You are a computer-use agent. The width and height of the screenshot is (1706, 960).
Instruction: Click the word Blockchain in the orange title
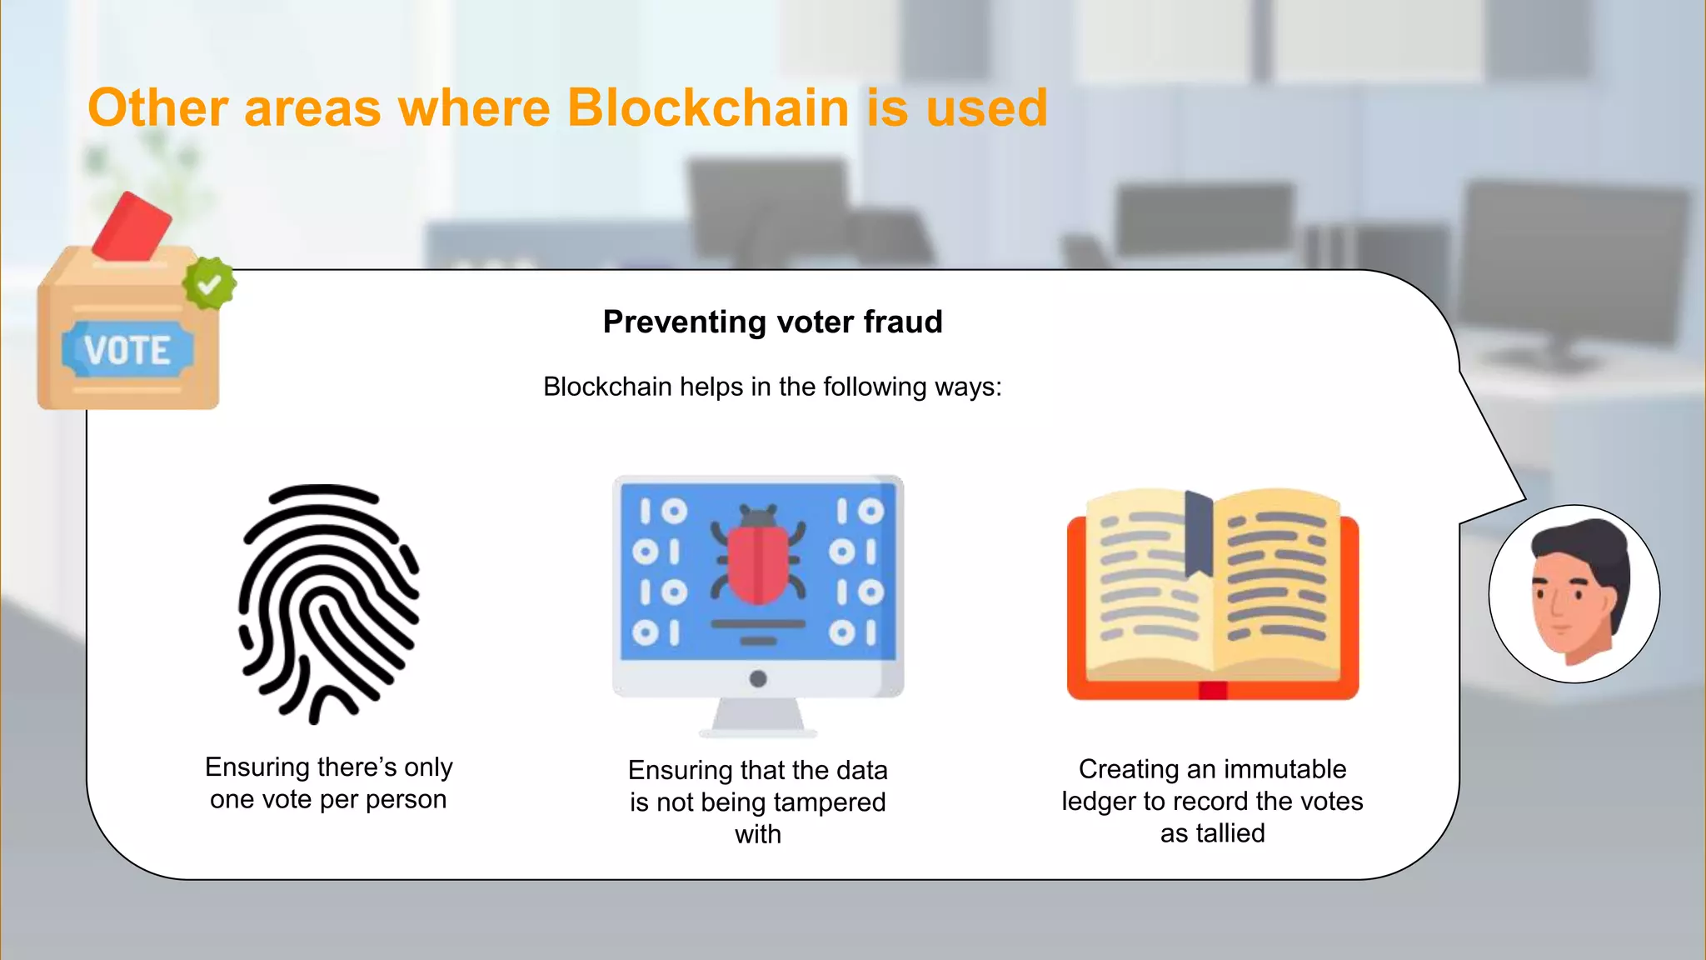pyautogui.click(x=708, y=108)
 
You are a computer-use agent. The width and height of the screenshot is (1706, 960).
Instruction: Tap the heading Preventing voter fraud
pyautogui.click(x=772, y=322)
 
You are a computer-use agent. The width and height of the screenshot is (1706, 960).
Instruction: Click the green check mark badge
pyautogui.click(x=209, y=284)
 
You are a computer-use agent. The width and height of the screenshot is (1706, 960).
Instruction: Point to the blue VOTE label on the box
pyautogui.click(x=127, y=350)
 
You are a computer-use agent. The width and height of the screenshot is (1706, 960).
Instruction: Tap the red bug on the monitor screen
pyautogui.click(x=758, y=558)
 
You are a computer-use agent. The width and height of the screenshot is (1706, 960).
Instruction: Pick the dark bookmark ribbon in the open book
pyautogui.click(x=1199, y=533)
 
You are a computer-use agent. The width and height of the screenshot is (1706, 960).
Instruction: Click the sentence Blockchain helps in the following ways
pyautogui.click(x=772, y=387)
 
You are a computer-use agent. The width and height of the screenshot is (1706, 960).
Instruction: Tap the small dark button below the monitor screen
pyautogui.click(x=758, y=678)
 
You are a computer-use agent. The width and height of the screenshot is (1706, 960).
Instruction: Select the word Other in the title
pyautogui.click(x=158, y=108)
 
